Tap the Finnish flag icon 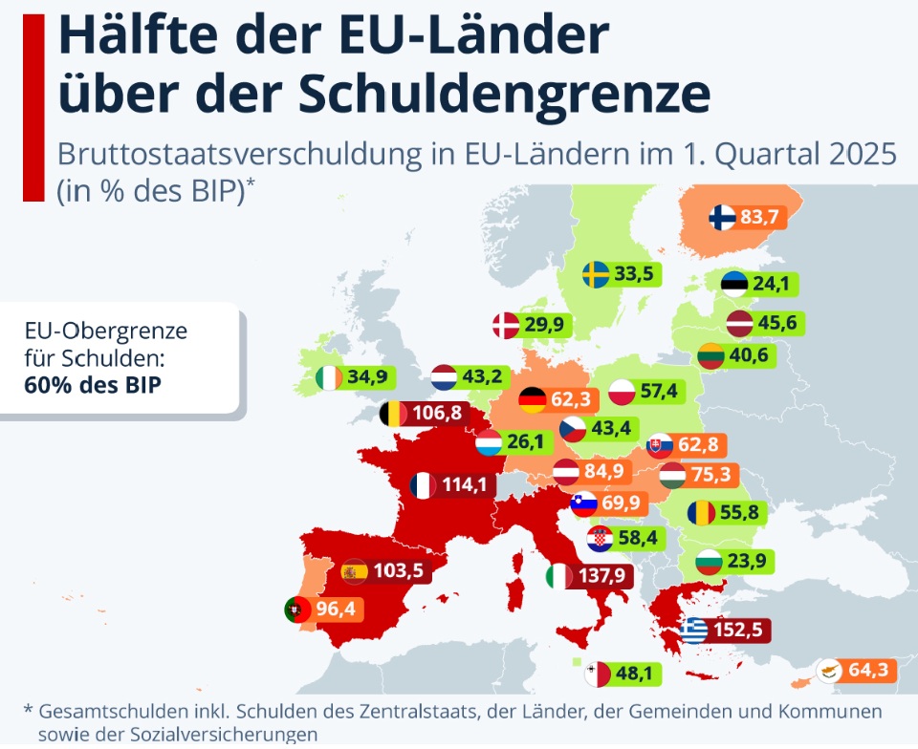(722, 218)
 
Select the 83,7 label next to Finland (759, 218)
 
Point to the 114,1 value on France (465, 485)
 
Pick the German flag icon (532, 399)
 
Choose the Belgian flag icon (394, 414)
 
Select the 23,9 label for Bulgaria (745, 561)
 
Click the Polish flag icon (623, 392)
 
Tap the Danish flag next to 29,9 (505, 325)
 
